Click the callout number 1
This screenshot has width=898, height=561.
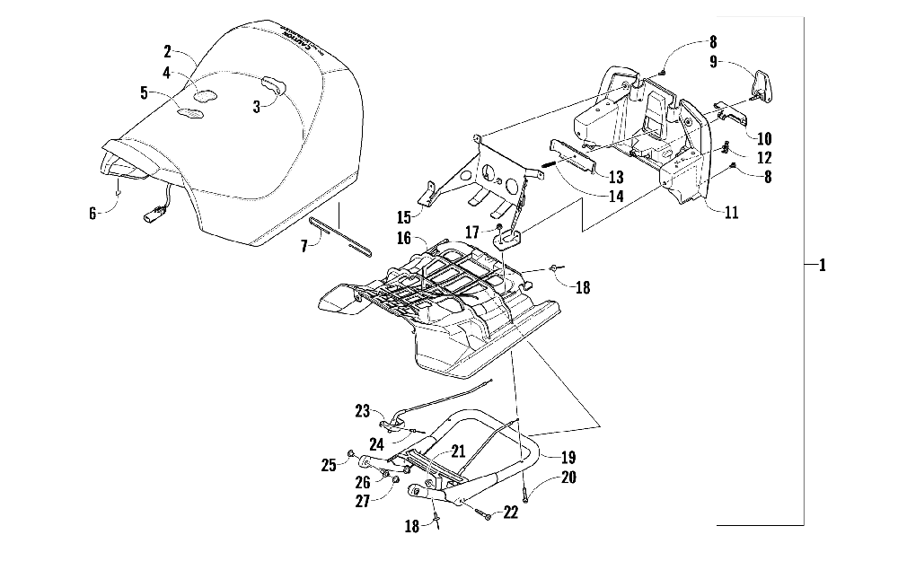(x=821, y=266)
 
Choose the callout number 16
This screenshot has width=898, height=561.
(x=404, y=238)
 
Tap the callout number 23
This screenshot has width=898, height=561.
(x=363, y=411)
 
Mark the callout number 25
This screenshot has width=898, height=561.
(x=329, y=464)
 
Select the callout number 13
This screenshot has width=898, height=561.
(x=615, y=178)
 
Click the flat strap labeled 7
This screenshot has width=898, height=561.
(x=339, y=234)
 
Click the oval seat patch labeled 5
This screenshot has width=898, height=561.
(x=190, y=112)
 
